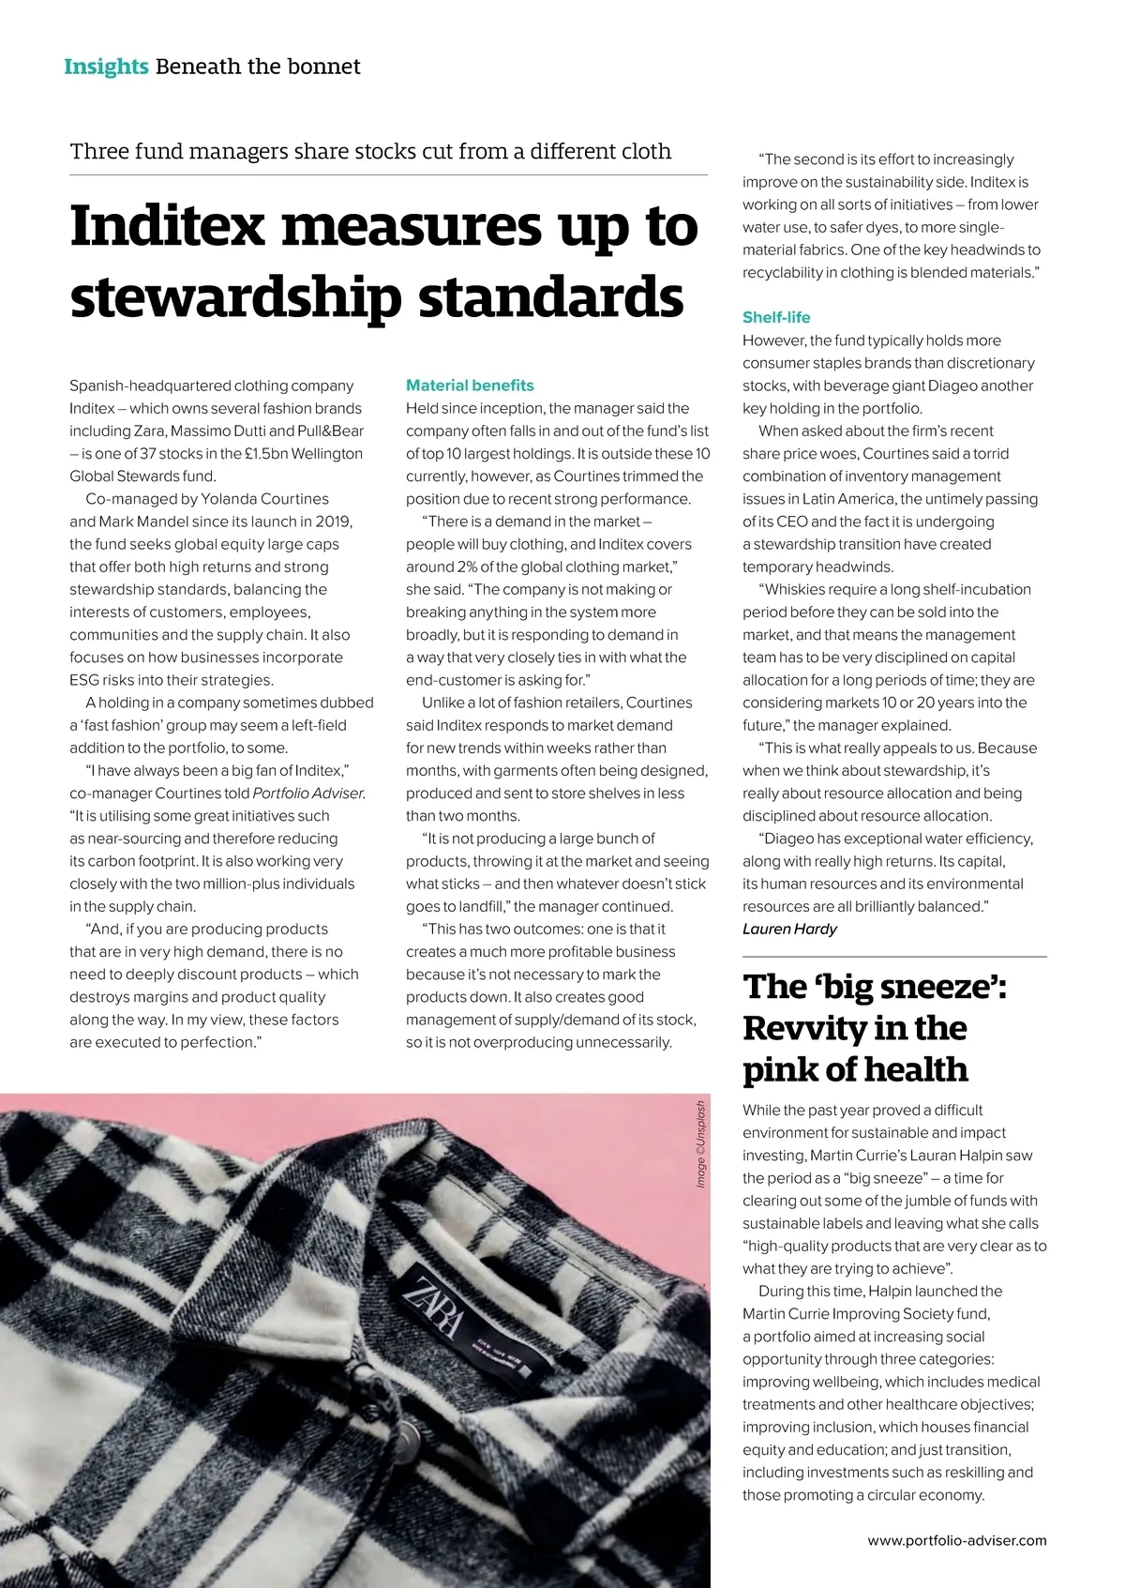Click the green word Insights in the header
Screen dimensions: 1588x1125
[x=106, y=67]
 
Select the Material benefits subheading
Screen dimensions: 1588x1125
[x=470, y=386]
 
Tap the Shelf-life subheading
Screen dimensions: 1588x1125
[x=776, y=317]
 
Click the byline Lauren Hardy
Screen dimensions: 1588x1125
[x=789, y=929]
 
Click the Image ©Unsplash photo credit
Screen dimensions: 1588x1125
[x=700, y=1144]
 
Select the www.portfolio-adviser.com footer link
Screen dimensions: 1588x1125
[x=956, y=1539]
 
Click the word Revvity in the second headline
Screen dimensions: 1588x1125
[x=803, y=1028]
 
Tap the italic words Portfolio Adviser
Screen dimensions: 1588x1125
[x=308, y=794]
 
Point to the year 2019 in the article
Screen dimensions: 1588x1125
[x=333, y=522]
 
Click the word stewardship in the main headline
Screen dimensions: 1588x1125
[x=237, y=297]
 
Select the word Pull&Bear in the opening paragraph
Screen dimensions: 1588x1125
[x=332, y=431]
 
